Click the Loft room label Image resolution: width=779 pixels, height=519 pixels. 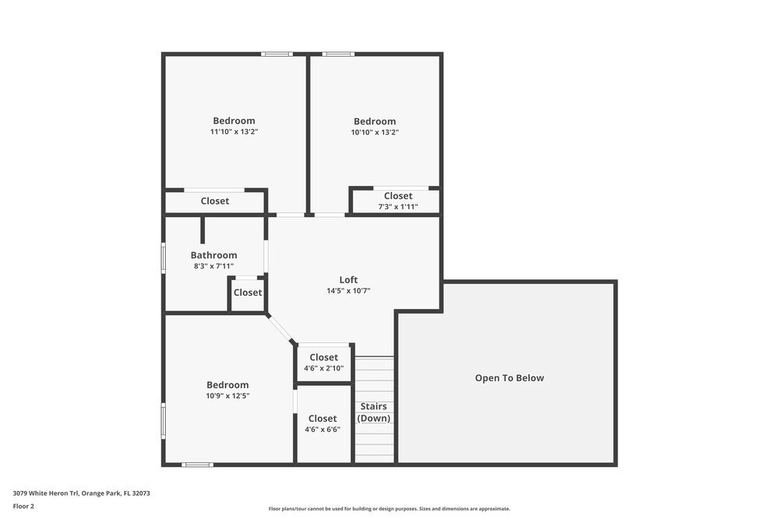click(348, 280)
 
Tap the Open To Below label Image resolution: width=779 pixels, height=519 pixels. click(509, 378)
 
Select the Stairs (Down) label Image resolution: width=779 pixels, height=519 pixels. click(374, 412)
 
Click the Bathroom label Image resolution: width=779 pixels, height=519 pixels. click(213, 255)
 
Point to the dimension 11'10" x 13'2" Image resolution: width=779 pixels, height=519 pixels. click(234, 132)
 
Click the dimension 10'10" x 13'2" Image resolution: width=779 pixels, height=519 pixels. click(375, 132)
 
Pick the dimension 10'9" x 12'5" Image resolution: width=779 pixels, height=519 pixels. click(227, 396)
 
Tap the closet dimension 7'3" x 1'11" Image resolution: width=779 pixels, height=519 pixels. click(398, 207)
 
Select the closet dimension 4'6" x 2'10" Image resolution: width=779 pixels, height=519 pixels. click(323, 369)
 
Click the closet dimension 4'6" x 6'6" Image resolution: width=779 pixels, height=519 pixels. click(323, 430)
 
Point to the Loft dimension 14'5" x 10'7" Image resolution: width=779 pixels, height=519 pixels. click(348, 291)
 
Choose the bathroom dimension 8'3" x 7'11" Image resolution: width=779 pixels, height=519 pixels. click(213, 266)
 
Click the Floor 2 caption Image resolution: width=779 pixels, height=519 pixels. click(23, 506)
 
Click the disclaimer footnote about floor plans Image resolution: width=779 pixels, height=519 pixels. click(389, 509)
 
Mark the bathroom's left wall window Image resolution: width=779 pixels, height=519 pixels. click(164, 258)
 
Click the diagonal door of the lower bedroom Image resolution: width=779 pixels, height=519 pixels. click(280, 328)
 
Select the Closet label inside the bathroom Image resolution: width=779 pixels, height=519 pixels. click(248, 293)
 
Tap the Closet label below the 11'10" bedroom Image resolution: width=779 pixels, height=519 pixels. click(215, 201)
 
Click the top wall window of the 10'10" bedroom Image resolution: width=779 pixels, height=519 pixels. click(338, 54)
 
